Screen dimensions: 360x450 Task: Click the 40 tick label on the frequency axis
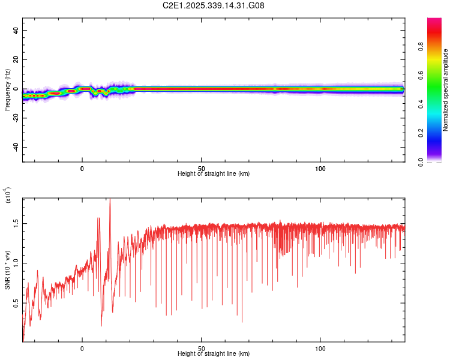point(16,31)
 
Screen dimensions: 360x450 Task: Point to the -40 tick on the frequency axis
point(16,147)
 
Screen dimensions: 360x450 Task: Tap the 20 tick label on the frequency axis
point(16,60)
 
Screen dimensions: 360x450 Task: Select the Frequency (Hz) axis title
point(7,89)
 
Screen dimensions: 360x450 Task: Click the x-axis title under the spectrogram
point(214,174)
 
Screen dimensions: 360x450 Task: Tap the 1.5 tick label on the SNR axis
point(16,223)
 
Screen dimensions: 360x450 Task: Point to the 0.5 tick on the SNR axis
point(16,303)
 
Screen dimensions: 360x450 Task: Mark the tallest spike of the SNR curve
point(110,200)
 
